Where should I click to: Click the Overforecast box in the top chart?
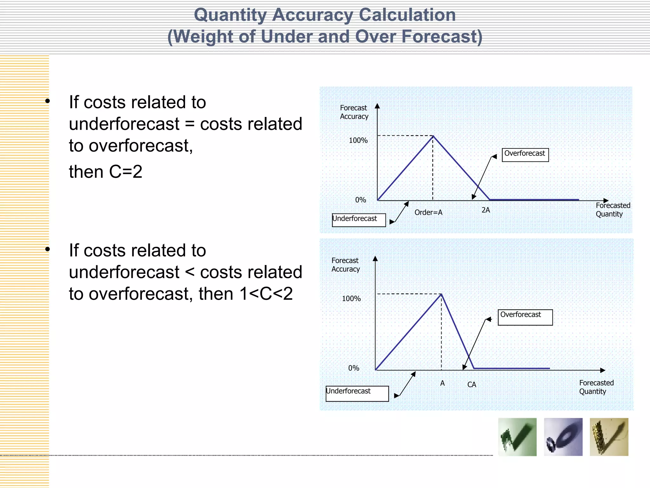pos(525,155)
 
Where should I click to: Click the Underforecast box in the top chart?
pos(359,220)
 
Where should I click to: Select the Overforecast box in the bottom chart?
pos(525,317)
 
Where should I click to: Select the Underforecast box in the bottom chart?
pos(357,393)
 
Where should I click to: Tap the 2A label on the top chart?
pos(486,210)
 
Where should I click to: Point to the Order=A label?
pos(428,212)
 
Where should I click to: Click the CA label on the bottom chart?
pos(472,384)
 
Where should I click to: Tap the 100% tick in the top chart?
pos(358,140)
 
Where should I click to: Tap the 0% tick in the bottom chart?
pos(354,368)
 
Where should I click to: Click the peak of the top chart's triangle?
pos(433,136)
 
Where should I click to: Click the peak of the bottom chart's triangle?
pos(441,295)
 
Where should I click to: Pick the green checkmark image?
pos(517,437)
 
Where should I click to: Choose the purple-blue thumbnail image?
pos(563,437)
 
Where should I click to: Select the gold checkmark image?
pos(609,437)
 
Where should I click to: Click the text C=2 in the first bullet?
pos(126,172)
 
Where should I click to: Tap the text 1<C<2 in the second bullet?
pos(266,294)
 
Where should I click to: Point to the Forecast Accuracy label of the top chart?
pos(354,112)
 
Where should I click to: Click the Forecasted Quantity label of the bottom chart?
pos(596,387)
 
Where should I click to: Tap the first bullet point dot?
pos(48,101)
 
